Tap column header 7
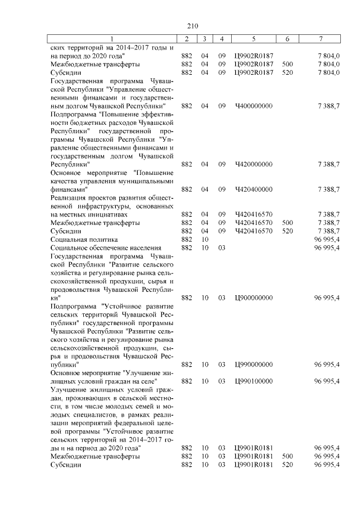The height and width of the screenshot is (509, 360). point(320,38)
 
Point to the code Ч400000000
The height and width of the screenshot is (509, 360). point(253,105)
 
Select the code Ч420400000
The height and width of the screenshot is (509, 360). point(253,190)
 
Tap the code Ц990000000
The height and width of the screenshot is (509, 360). point(253,364)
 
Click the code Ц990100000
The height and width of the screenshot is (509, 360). point(253,381)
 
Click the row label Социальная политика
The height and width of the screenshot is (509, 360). point(84,240)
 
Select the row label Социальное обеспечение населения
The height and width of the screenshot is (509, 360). point(106,248)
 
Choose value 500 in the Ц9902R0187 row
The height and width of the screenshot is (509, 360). point(287,64)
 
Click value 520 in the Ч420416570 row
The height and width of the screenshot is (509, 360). point(287,231)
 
